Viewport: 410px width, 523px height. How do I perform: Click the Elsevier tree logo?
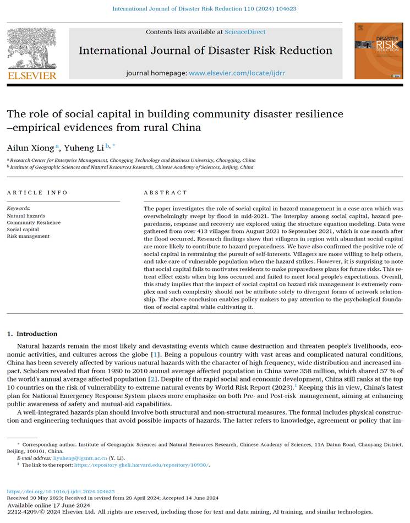(x=31, y=48)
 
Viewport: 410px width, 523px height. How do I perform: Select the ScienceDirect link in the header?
(x=244, y=32)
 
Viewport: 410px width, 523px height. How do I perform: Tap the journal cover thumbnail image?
(x=379, y=51)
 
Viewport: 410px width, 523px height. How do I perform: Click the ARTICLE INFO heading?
(x=37, y=193)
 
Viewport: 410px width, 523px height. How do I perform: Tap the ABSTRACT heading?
(x=165, y=193)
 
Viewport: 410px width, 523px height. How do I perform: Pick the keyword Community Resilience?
(x=34, y=222)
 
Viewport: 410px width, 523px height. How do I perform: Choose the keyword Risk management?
(x=28, y=236)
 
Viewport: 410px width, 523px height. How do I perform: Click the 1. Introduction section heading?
(x=32, y=334)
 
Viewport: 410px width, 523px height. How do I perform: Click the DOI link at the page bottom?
(x=61, y=491)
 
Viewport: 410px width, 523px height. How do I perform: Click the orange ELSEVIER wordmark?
(x=32, y=75)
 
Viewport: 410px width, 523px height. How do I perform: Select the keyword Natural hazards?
(x=26, y=216)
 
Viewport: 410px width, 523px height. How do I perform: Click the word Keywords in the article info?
(x=19, y=209)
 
